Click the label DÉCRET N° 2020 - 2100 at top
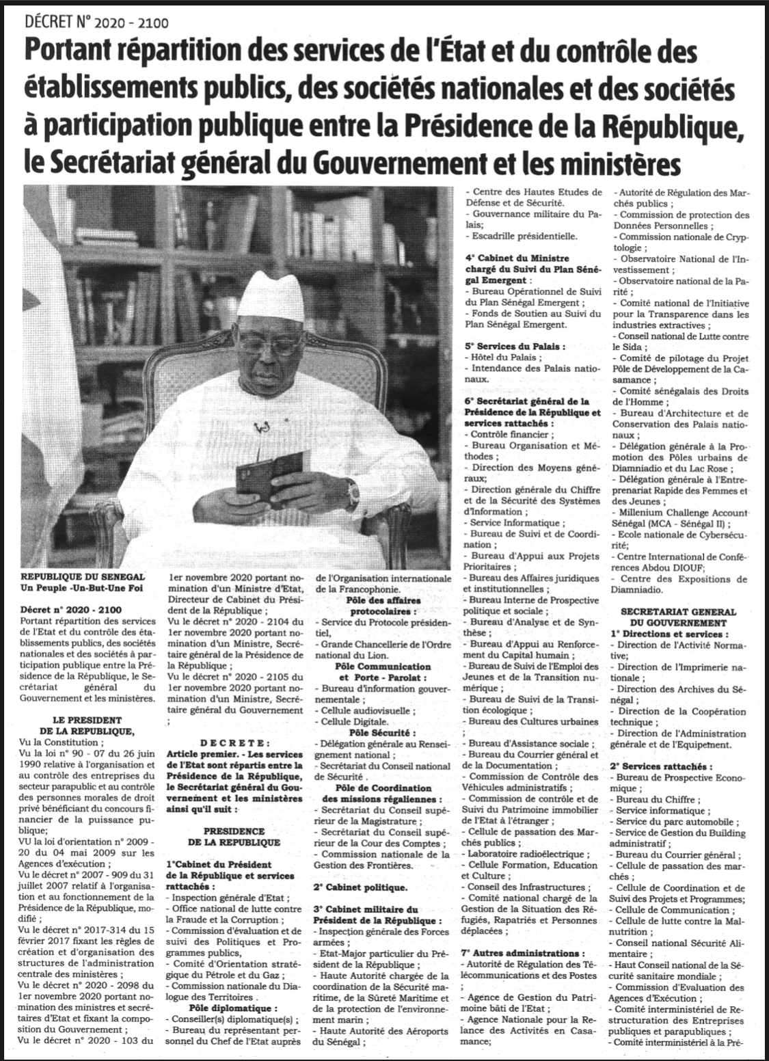[96, 23]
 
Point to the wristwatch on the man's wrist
[353, 488]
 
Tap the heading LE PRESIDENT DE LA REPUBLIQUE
[87, 725]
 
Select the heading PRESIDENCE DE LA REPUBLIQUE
[233, 835]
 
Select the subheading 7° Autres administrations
[524, 952]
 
